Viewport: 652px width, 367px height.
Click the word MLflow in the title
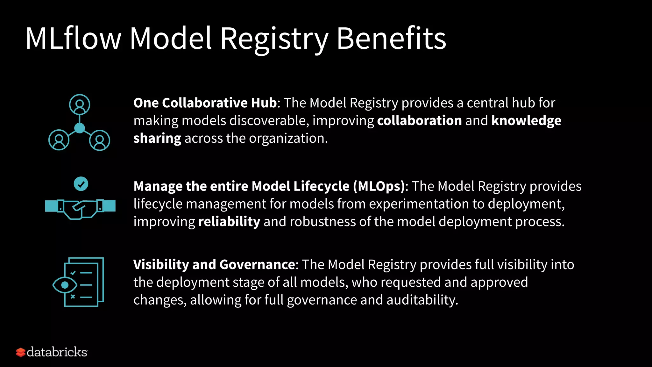click(x=73, y=38)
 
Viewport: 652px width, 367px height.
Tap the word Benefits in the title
click(x=391, y=38)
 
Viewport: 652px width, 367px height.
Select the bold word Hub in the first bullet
click(x=264, y=103)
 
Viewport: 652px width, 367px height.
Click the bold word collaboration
click(x=419, y=121)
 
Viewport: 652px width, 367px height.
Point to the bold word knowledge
click(x=526, y=121)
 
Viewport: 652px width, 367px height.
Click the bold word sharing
click(x=157, y=139)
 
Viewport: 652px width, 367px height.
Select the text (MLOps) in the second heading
click(x=379, y=186)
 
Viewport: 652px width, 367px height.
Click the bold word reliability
click(x=229, y=222)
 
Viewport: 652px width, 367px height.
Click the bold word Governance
click(x=257, y=265)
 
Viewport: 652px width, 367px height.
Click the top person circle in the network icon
click(x=80, y=104)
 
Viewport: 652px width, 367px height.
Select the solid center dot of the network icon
click(x=80, y=128)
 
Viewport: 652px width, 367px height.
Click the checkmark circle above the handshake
click(x=81, y=184)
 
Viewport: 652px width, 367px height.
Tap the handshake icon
click(x=80, y=209)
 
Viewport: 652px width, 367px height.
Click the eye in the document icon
click(x=65, y=285)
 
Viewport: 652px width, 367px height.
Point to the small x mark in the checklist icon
click(x=73, y=297)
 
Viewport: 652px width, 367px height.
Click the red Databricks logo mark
click(x=21, y=352)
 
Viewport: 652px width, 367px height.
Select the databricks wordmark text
click(x=57, y=352)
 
